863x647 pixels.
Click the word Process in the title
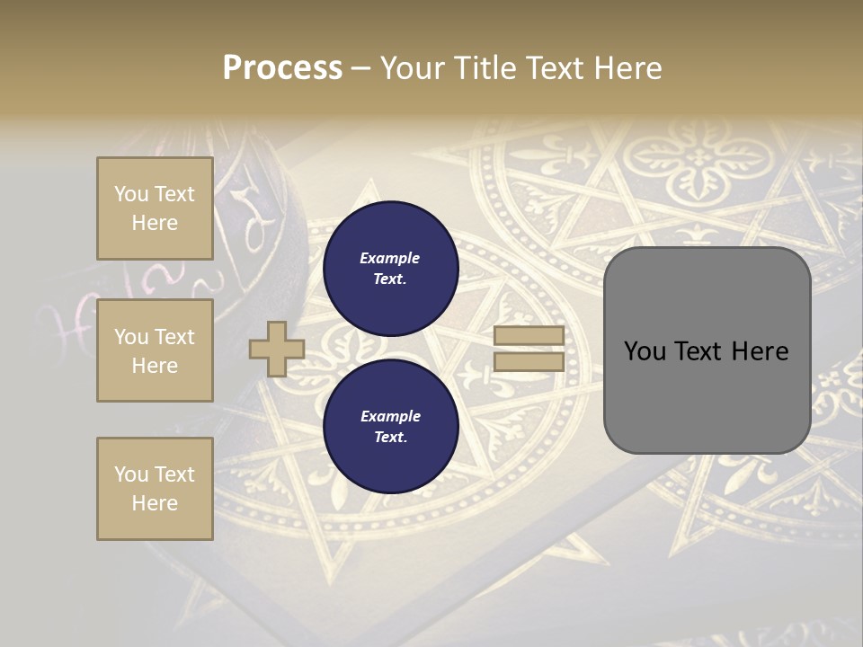click(282, 68)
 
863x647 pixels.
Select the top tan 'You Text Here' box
click(155, 208)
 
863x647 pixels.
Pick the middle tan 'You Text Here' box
click(155, 350)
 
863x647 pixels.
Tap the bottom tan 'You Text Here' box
click(155, 488)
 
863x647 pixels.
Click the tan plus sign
click(276, 349)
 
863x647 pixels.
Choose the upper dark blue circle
click(390, 268)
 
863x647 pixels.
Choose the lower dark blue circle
click(390, 427)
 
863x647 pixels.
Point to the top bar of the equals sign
click(529, 336)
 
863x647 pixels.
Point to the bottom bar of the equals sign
click(529, 362)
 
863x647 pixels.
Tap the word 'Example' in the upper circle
click(390, 258)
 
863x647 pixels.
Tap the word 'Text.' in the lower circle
click(390, 438)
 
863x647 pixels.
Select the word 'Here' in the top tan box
click(155, 223)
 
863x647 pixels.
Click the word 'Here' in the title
click(627, 68)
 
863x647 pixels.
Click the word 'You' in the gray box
click(645, 351)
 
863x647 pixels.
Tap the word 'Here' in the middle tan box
click(155, 366)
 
